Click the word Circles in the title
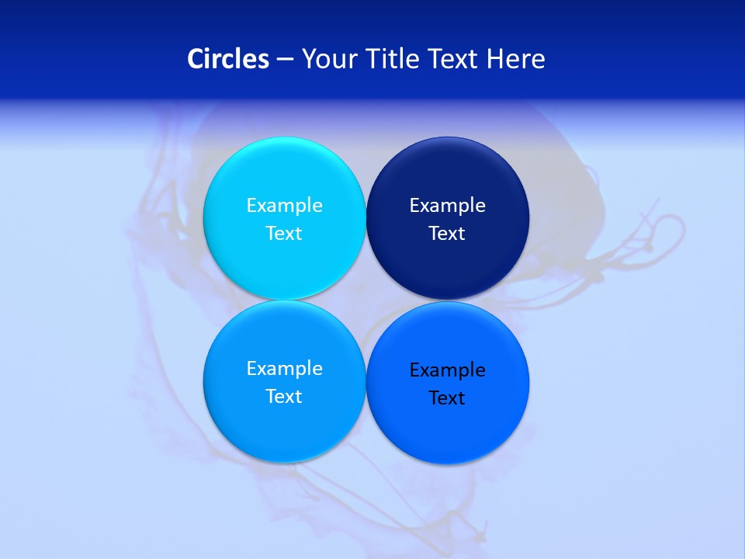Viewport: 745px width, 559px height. click(228, 58)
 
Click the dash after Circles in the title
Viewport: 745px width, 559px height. click(285, 60)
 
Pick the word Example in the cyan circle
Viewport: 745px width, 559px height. click(284, 205)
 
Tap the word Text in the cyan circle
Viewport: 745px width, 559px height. click(284, 233)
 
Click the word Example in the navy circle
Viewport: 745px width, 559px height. click(447, 205)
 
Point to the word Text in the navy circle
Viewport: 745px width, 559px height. click(447, 233)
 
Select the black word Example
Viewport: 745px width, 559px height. click(447, 370)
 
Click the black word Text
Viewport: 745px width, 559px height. click(447, 398)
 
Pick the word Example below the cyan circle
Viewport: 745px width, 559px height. click(284, 368)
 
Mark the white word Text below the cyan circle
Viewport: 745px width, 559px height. click(284, 396)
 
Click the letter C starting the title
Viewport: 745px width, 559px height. click(196, 58)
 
